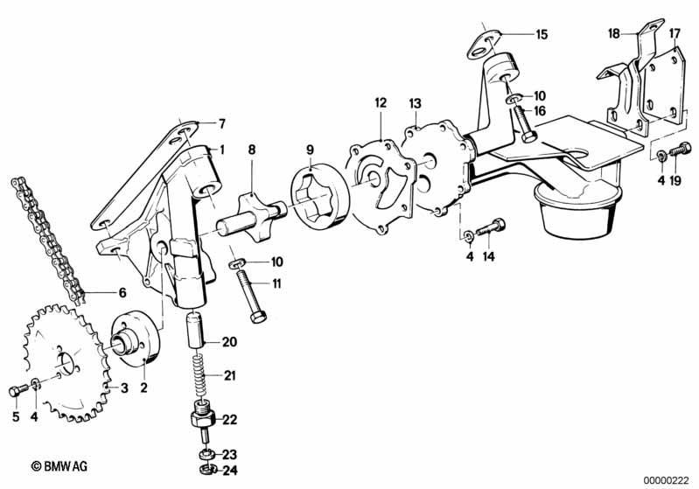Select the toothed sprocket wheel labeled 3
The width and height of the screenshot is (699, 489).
point(65,362)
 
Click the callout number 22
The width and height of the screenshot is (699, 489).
point(230,420)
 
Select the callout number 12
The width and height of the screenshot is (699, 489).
point(381,103)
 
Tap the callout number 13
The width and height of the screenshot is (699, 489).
point(415,104)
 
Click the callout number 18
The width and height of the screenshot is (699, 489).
point(614,33)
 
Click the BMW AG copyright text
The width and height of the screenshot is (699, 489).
point(59,466)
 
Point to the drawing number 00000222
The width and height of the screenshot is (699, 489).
point(666,480)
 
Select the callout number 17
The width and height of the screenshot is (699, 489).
point(675,33)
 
